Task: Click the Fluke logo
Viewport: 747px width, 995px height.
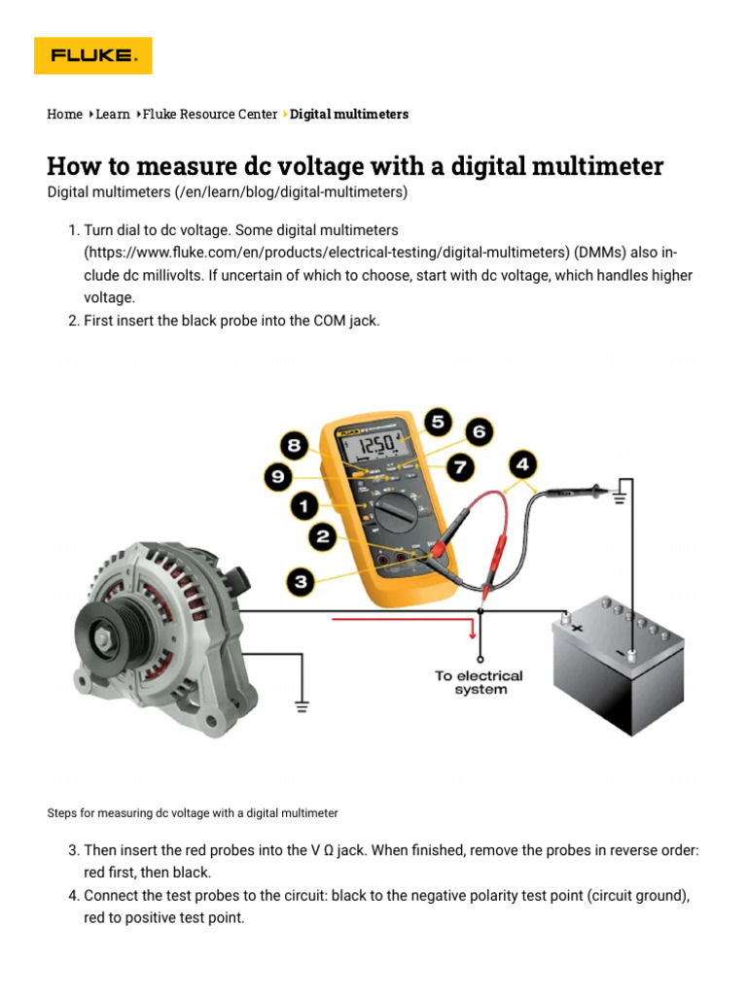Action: tap(93, 55)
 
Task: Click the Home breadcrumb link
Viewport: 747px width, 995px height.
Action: tap(64, 115)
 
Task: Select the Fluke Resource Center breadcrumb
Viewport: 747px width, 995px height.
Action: tap(209, 115)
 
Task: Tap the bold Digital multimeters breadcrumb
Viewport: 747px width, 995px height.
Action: tap(349, 115)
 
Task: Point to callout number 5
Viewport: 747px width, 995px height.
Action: tap(438, 421)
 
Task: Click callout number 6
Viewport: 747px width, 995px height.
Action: tap(478, 430)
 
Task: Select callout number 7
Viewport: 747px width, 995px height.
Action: tap(460, 467)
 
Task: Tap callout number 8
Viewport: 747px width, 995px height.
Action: tap(292, 447)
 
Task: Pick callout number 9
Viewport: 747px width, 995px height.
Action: tap(277, 477)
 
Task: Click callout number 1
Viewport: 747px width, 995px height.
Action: tap(303, 506)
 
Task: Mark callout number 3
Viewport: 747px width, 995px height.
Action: tap(301, 582)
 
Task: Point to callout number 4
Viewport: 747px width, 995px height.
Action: tap(523, 463)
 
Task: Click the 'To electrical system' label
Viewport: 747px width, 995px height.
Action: tap(479, 682)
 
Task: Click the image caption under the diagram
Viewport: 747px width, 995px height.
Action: tap(193, 812)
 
